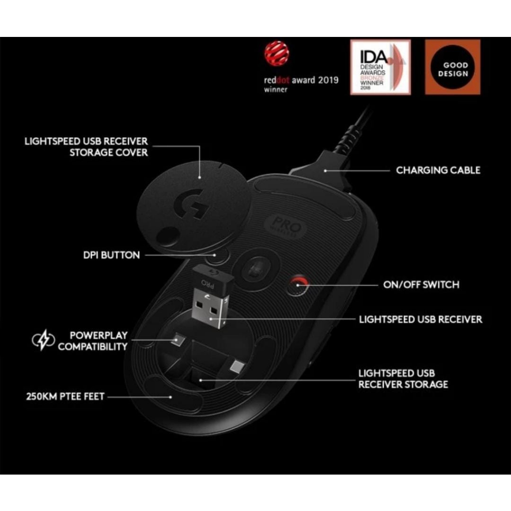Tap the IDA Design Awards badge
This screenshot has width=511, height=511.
pos(380,67)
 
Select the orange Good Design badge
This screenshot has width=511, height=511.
pos(452,67)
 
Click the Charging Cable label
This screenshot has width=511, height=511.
pos(438,170)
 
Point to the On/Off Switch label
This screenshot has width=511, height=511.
pos(421,285)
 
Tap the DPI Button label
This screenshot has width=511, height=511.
pos(111,255)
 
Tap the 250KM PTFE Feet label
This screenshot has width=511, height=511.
pos(65,397)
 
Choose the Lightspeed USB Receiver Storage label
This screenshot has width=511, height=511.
pos(403,379)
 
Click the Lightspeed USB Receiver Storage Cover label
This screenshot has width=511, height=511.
pos(86,147)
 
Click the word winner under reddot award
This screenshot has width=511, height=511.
pos(275,90)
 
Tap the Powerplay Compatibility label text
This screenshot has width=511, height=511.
pos(93,341)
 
